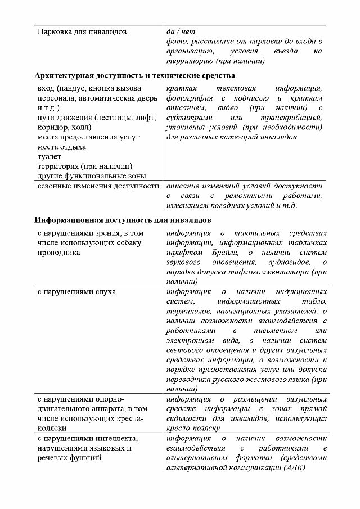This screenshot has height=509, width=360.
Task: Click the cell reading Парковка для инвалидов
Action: click(82, 31)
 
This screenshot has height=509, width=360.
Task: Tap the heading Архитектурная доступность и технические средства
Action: click(134, 75)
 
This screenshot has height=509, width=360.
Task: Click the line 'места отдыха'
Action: click(61, 147)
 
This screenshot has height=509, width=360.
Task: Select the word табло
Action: click(314, 301)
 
